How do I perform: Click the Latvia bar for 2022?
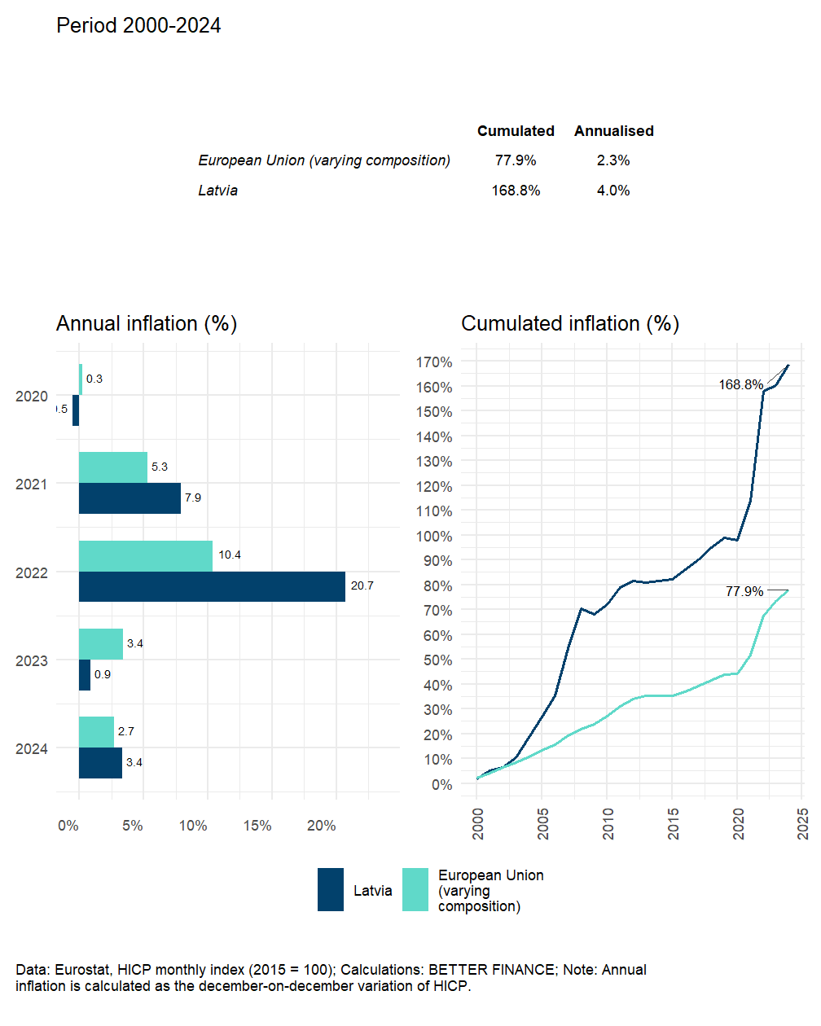tap(212, 586)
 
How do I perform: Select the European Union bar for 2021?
tap(113, 467)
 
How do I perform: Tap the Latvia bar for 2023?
tap(85, 675)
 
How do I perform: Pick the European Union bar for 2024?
tap(96, 731)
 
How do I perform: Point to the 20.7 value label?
tap(362, 585)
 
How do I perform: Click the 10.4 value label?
tap(230, 555)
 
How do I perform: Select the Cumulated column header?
tap(516, 131)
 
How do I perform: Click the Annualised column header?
tap(613, 131)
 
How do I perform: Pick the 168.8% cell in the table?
tap(516, 191)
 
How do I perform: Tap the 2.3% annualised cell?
tap(613, 160)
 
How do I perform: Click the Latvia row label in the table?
tap(218, 191)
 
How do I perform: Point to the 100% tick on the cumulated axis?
tap(436, 536)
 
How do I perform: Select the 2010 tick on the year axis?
tap(608, 823)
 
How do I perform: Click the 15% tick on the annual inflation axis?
tap(257, 826)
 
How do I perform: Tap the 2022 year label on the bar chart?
tap(32, 573)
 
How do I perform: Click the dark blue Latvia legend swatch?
tap(331, 889)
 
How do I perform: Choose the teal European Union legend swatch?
tap(415, 889)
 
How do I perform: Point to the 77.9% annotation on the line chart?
tap(744, 591)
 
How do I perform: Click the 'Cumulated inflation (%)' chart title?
tap(570, 323)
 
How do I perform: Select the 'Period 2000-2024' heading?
tap(138, 26)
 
